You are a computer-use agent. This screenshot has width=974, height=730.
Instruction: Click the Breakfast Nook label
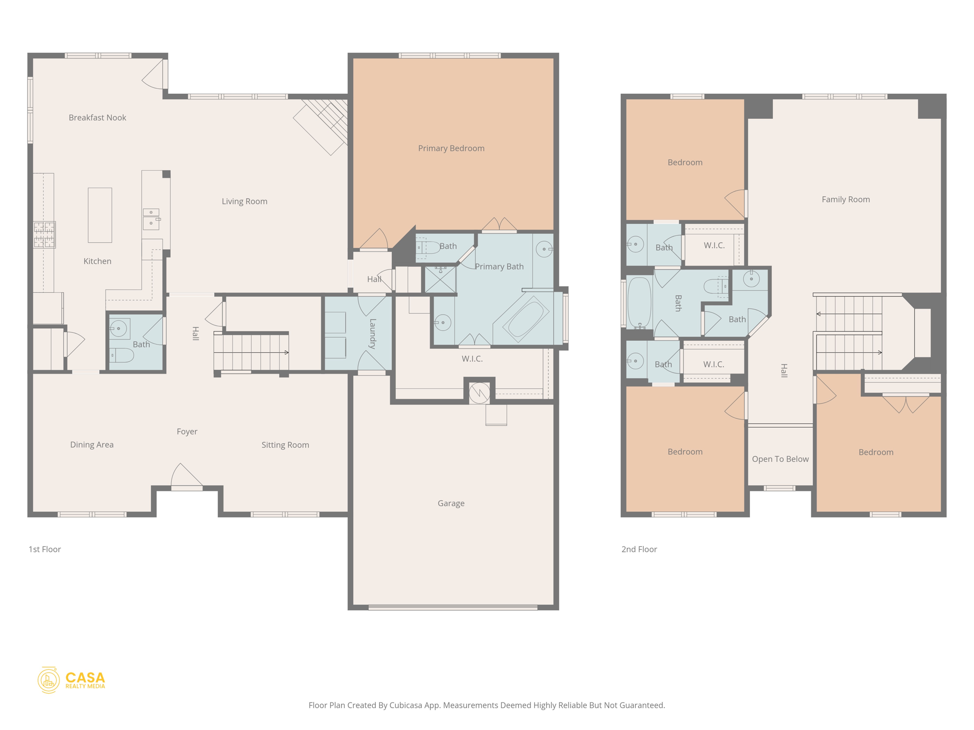coord(97,117)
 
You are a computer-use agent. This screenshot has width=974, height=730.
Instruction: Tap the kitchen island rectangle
coord(100,215)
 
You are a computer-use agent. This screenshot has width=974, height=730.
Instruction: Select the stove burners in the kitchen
coord(44,234)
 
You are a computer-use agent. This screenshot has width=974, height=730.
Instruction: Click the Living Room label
coord(244,201)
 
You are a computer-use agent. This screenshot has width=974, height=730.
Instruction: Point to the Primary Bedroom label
coord(451,148)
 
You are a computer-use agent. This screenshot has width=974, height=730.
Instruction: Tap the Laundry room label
coord(372,334)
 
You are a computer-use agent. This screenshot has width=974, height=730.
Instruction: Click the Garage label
coord(451,503)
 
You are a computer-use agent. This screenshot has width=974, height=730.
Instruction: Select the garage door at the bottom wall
coord(453,607)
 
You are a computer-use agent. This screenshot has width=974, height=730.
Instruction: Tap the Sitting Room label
coord(285,445)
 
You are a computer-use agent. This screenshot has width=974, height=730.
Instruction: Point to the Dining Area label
coord(92,444)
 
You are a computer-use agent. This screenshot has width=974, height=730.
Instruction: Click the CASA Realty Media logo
coord(71,680)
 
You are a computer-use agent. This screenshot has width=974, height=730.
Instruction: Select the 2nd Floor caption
coord(639,549)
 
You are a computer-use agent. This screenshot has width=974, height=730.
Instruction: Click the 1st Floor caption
coord(45,549)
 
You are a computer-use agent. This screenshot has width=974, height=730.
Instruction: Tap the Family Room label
coord(845,199)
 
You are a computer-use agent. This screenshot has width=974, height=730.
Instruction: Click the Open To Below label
coord(780,459)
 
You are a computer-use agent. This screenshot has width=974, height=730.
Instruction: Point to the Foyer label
coord(187,431)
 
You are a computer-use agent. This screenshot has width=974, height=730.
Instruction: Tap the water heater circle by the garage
coord(479,393)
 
